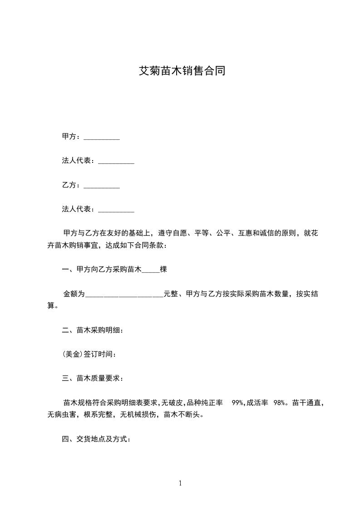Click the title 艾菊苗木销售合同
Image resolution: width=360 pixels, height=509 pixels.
click(182, 71)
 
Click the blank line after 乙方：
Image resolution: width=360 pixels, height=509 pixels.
click(102, 186)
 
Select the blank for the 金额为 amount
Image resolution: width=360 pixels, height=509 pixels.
click(124, 294)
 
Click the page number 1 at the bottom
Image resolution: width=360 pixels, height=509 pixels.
click(180, 483)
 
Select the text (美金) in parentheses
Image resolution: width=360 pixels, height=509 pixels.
click(73, 354)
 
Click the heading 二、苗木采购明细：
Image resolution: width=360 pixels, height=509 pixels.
click(92, 330)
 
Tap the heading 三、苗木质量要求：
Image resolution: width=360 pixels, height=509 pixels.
click(92, 378)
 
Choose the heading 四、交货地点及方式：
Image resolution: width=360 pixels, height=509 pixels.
click(96, 439)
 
